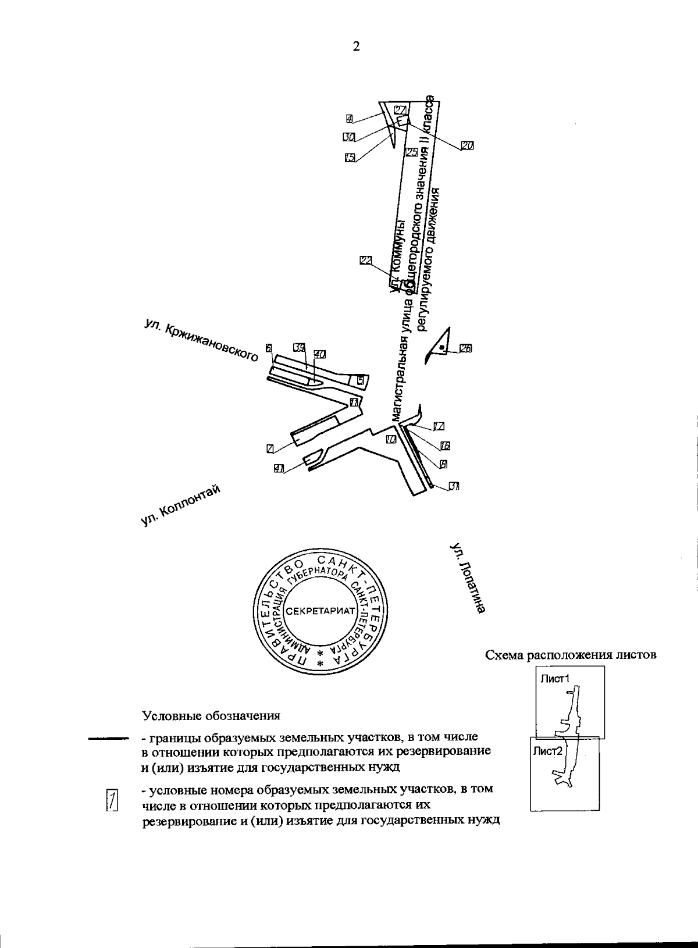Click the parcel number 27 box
[x=400, y=110]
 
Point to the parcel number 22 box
[x=365, y=261]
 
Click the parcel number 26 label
[x=466, y=349]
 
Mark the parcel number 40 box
[x=319, y=353]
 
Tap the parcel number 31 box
[x=454, y=487]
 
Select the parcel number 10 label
[x=390, y=440]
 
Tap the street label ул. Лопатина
[x=468, y=579]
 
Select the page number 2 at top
[x=356, y=47]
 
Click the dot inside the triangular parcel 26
[x=442, y=347]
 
